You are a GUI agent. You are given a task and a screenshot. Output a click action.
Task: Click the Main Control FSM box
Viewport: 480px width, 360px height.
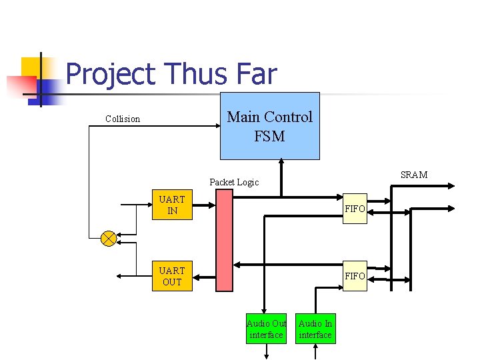pos(269,126)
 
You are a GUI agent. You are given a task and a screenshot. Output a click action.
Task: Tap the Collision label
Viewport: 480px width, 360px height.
pos(123,119)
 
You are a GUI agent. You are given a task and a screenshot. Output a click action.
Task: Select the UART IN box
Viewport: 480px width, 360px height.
pos(172,205)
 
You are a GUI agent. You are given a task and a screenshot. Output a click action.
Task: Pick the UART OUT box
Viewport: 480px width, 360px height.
pos(172,276)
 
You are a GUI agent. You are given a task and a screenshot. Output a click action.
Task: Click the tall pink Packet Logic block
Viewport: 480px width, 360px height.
pos(225,240)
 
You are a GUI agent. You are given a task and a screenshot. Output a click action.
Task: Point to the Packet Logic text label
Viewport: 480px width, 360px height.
pos(234,182)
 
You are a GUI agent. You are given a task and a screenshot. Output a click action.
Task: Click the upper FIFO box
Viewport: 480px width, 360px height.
pos(355,209)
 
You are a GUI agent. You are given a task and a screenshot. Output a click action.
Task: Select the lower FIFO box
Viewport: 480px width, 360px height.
pos(355,276)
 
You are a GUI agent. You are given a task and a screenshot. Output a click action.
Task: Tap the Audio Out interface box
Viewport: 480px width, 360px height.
pos(266,329)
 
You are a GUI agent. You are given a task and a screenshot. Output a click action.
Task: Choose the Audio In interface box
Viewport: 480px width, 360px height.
pos(315,329)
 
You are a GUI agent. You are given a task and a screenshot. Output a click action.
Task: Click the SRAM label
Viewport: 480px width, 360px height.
pos(414,175)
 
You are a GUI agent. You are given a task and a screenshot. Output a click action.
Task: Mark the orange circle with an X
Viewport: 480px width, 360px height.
pos(109,238)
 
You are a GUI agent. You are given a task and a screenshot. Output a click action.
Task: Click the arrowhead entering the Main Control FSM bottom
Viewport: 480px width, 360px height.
pos(281,162)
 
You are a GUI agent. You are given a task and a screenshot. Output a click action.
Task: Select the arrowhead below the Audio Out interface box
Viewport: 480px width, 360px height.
pos(266,355)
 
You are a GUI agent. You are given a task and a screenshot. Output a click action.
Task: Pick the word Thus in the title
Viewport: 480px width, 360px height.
pos(195,74)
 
